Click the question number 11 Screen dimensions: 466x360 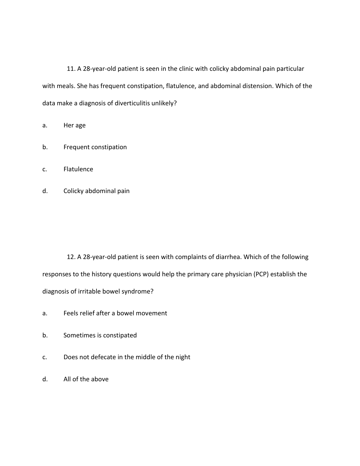[x=71, y=69]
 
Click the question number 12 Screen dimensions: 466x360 [x=71, y=257]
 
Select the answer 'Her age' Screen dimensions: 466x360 [x=74, y=125]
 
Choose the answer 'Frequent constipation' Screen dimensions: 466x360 [x=95, y=147]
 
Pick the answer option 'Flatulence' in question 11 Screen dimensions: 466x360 [x=78, y=169]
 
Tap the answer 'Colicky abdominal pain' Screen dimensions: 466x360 [x=96, y=191]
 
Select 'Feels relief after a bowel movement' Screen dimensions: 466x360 [x=115, y=313]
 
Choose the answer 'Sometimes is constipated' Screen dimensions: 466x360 [x=100, y=335]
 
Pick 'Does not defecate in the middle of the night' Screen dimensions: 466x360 [x=126, y=357]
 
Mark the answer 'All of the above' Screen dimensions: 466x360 [x=86, y=379]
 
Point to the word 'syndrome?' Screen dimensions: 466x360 [x=139, y=291]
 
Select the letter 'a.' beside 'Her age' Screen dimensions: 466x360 [x=45, y=125]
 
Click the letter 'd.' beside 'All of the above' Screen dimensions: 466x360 [x=45, y=379]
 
